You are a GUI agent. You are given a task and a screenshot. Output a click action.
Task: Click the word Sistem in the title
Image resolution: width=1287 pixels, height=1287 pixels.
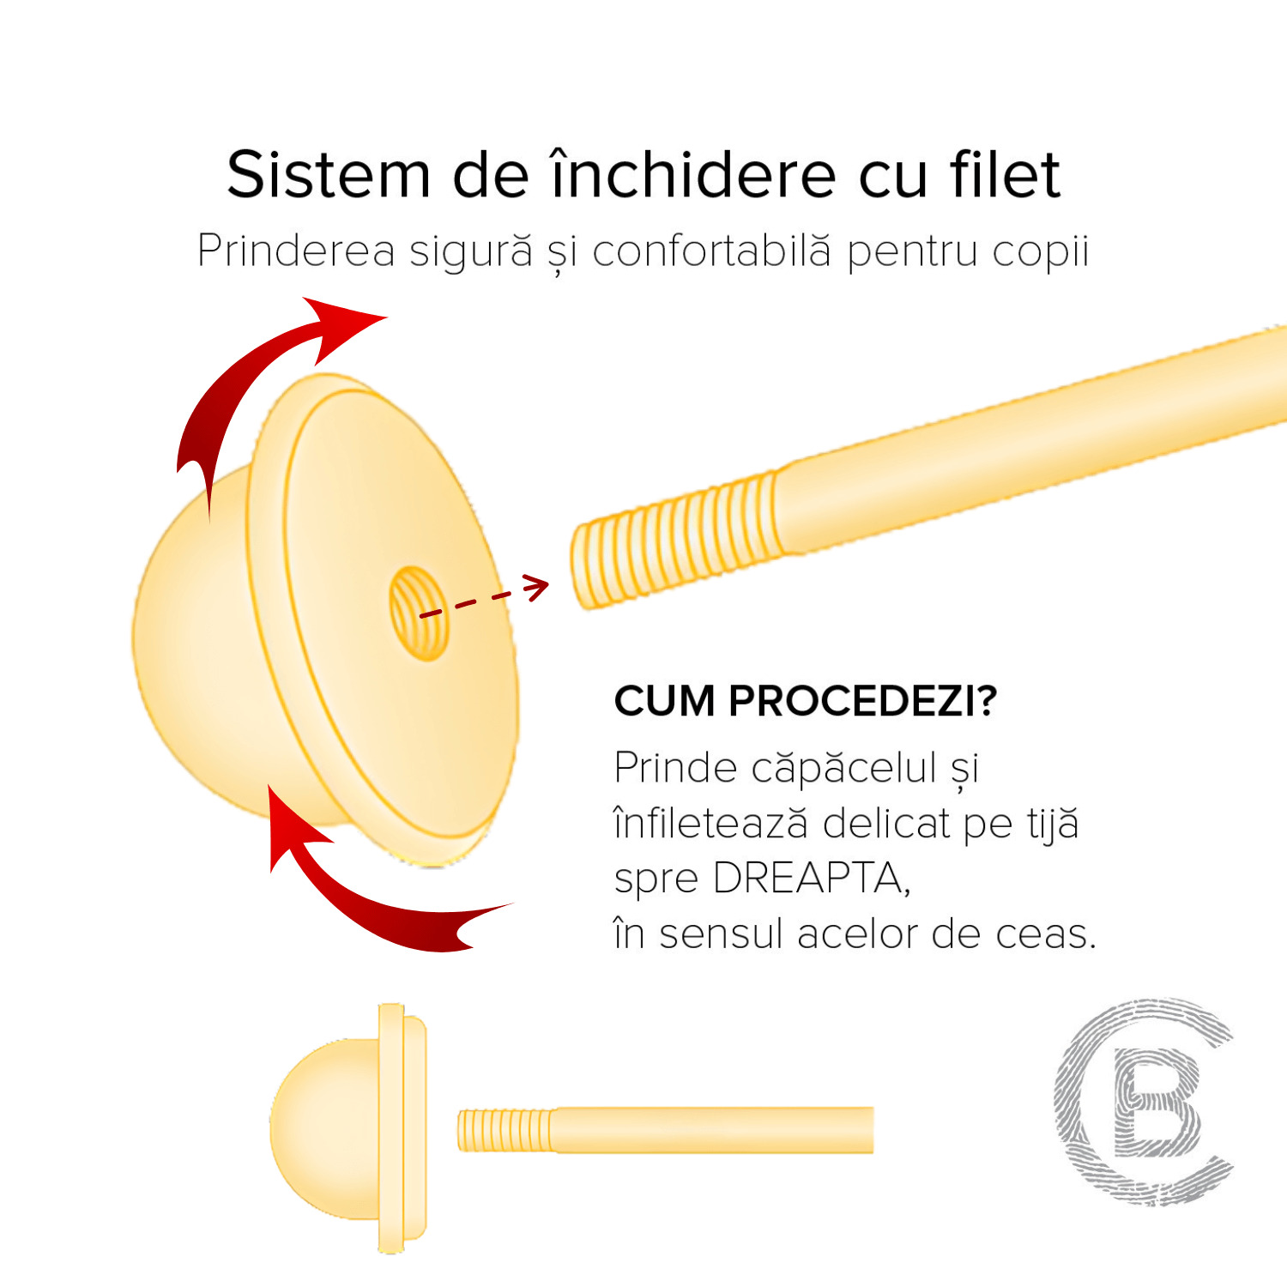(328, 175)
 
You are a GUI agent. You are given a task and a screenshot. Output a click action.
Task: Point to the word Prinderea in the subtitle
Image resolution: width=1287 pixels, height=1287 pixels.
(296, 251)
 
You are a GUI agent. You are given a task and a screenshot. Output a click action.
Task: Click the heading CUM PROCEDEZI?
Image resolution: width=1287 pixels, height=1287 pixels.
(806, 701)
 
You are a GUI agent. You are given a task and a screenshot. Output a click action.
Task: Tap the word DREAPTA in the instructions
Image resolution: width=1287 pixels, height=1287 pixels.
(811, 878)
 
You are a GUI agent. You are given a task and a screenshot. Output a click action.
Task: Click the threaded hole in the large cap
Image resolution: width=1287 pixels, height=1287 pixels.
(420, 613)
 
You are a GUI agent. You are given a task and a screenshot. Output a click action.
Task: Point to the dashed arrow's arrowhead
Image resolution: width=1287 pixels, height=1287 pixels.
(535, 588)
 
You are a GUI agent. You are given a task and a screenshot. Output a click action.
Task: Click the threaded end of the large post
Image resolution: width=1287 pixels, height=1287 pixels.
(674, 541)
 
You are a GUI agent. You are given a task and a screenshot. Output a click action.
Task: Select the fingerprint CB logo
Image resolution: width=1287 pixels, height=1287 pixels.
(1144, 1101)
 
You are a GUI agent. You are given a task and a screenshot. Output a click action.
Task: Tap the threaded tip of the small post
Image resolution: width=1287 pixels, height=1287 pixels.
(505, 1130)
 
